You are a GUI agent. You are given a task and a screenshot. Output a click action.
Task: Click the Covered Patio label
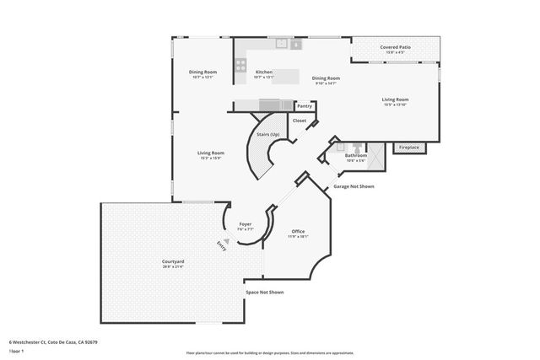click(395, 47)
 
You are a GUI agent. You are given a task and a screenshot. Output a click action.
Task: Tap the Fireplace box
click(409, 148)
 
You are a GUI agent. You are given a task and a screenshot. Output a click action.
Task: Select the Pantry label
click(305, 106)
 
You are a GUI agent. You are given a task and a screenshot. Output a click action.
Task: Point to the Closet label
click(300, 121)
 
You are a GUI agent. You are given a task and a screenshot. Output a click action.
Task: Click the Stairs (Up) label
click(268, 134)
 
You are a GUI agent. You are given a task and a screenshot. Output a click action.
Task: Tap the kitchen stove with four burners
click(241, 62)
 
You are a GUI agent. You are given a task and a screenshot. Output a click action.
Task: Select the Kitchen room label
click(263, 72)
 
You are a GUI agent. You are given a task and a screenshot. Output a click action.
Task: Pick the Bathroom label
click(355, 155)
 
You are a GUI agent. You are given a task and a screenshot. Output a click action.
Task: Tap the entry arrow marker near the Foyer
click(225, 241)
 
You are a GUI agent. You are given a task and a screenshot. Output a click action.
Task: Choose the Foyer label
click(245, 224)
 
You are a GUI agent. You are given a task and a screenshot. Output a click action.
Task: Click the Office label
click(298, 231)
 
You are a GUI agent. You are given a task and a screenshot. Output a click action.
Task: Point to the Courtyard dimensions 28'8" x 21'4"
click(173, 266)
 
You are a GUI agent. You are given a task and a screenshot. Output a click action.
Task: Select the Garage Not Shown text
click(354, 186)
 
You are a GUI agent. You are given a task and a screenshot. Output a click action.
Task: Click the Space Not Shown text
click(264, 292)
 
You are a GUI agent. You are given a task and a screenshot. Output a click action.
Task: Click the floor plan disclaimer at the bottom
click(270, 352)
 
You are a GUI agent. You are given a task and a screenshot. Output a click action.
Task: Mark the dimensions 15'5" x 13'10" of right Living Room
click(395, 105)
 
